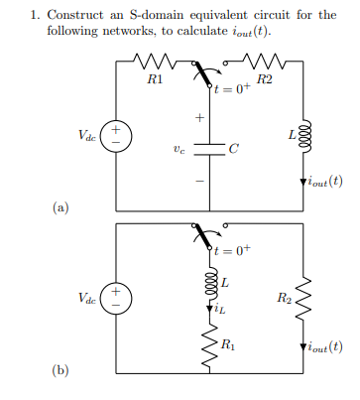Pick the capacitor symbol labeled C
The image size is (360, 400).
pyautogui.click(x=210, y=149)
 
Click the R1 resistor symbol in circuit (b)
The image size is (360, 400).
pyautogui.click(x=210, y=345)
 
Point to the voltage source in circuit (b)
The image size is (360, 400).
pyautogui.click(x=116, y=295)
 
